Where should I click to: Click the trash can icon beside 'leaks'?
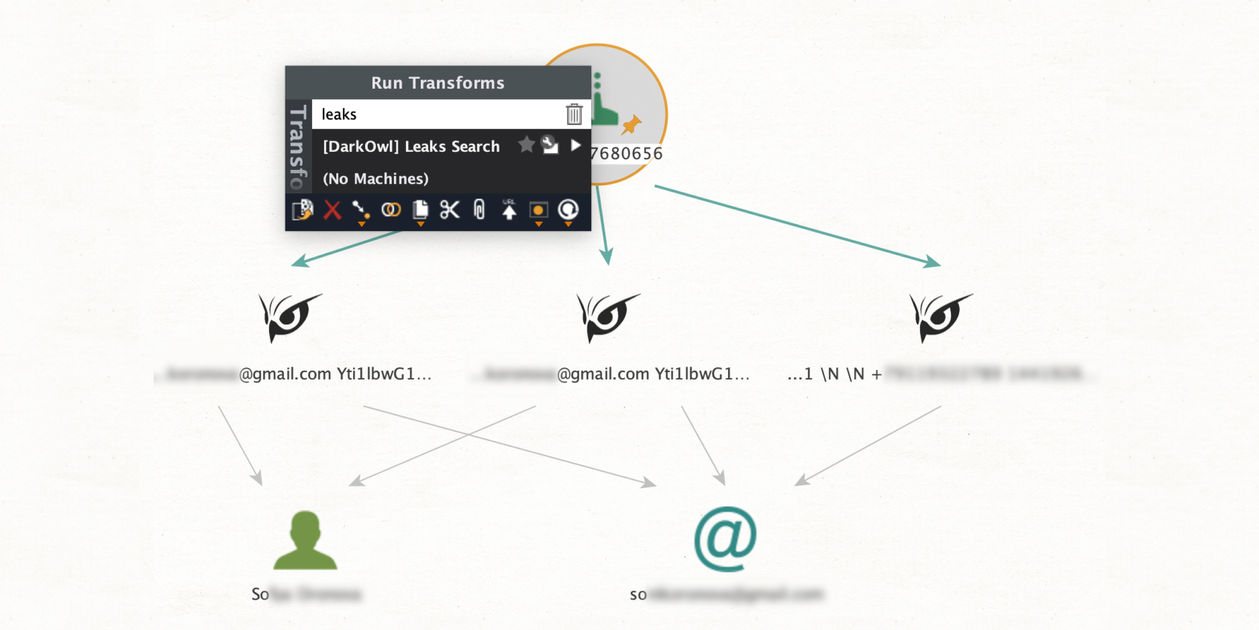point(573,114)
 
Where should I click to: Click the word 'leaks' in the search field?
point(339,114)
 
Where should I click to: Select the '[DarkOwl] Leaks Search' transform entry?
point(411,146)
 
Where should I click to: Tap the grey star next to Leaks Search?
point(526,145)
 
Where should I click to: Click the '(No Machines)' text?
point(375,178)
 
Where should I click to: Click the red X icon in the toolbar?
point(332,210)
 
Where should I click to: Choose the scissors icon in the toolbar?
point(449,210)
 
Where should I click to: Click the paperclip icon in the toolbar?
point(479,210)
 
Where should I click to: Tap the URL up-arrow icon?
point(509,210)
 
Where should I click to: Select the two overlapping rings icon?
point(391,210)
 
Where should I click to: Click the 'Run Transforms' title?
point(438,83)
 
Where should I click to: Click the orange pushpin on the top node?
point(631,124)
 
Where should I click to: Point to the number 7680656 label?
point(627,153)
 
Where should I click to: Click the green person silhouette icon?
point(305,541)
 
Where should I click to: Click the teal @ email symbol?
point(725,539)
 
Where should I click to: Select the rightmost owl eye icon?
point(940,316)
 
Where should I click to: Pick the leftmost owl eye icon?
point(290,316)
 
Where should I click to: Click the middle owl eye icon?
point(607,316)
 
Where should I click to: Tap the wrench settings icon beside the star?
point(550,145)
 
